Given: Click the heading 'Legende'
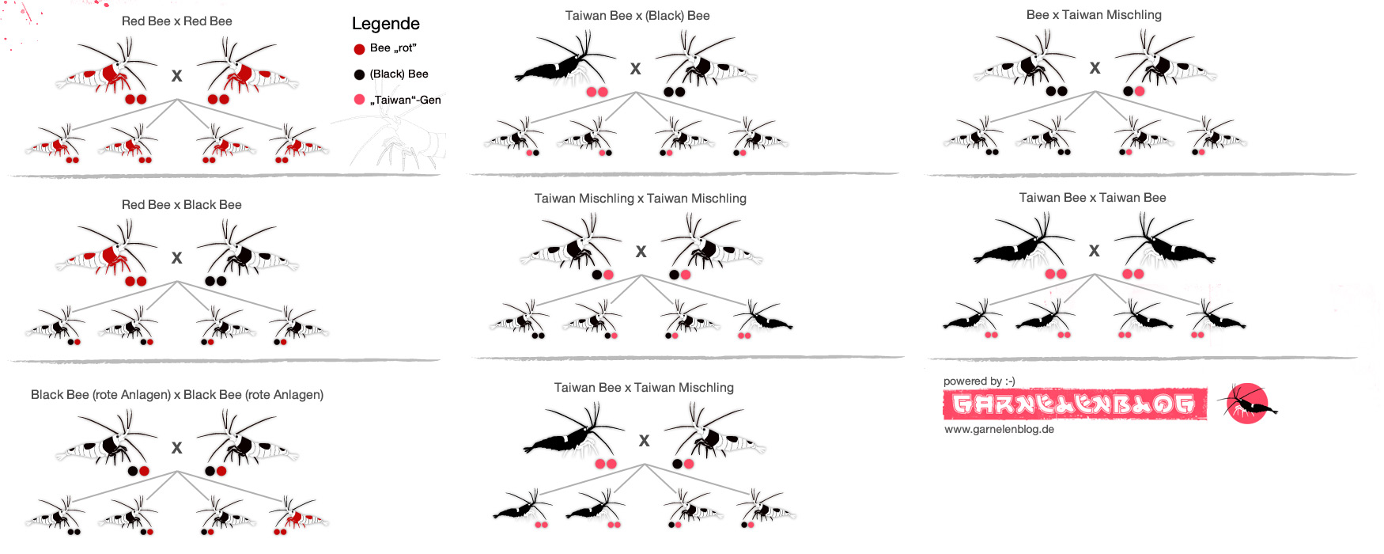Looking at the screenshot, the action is pos(385,24).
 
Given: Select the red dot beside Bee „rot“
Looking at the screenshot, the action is pos(359,49).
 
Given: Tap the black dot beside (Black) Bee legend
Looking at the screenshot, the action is pos(359,74).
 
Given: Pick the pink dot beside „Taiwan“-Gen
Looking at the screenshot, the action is pos(359,100).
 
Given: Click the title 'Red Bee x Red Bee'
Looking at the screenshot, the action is pos(177,21).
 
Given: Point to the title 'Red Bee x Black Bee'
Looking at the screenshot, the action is pos(182,205).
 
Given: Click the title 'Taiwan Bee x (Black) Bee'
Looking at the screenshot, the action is pos(637,16).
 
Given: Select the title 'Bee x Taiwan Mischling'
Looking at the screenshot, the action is pos(1094,15).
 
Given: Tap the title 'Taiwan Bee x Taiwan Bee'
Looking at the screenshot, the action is pos(1092,198).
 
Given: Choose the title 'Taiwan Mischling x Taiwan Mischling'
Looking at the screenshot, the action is pos(641,199).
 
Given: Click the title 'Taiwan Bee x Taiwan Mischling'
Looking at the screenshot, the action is pos(644,388).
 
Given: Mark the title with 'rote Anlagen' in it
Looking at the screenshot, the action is pos(177,395).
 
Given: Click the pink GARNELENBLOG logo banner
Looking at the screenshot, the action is pos(1075,404).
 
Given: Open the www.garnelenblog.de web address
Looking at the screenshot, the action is pos(999,430).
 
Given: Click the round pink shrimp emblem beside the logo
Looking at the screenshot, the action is pos(1247,404).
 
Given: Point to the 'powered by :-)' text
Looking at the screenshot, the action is pos(979,381).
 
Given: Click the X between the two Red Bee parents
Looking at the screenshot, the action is pos(177,76).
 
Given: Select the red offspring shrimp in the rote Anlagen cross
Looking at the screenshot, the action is pos(298,514).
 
